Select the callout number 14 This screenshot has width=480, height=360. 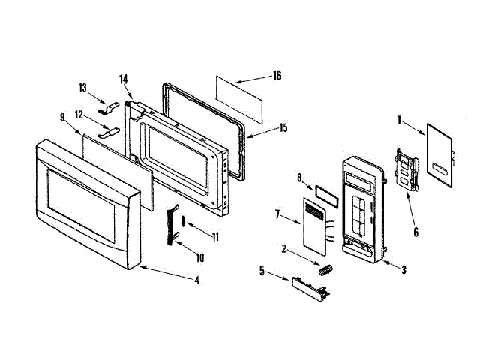124,79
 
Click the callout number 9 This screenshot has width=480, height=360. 63,117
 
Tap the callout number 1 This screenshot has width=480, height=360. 400,118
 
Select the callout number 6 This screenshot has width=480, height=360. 415,232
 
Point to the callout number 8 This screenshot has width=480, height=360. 299,178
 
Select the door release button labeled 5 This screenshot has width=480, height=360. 308,286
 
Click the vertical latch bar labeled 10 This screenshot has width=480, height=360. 174,223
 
